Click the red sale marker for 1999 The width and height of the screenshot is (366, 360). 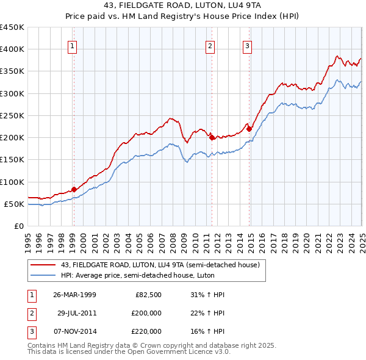tap(74, 189)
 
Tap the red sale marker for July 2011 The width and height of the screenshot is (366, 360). tap(212, 137)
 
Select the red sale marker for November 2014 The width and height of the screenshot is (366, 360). tap(249, 129)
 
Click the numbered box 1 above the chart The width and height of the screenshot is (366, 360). tap(73, 45)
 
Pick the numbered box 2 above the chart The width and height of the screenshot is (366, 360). tap(210, 45)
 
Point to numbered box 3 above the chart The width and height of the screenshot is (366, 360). tap(247, 45)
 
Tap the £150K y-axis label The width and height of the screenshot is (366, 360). tap(12, 160)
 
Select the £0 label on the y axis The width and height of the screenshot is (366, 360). tap(18, 226)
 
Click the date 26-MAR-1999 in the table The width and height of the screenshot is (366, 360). tap(74, 295)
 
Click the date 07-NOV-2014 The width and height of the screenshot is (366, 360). tap(74, 331)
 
